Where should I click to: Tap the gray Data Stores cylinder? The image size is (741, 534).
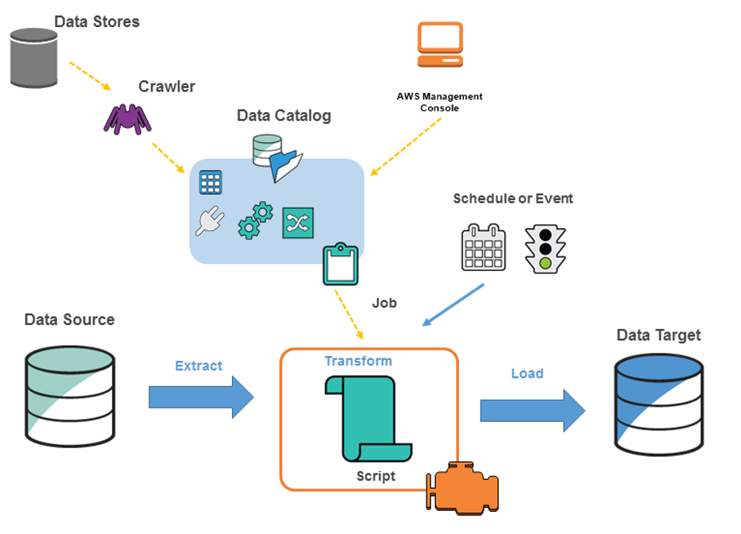(x=34, y=57)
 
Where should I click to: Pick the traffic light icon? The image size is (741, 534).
(x=545, y=249)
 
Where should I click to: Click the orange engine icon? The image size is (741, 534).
(x=462, y=486)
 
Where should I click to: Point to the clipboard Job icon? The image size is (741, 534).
(x=340, y=265)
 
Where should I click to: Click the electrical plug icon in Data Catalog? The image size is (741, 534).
(x=210, y=222)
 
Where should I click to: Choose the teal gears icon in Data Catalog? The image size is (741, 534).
(x=255, y=220)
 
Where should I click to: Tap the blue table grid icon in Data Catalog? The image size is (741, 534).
(x=210, y=183)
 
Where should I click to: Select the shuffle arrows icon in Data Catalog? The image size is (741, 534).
(x=298, y=222)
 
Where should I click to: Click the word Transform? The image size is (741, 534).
(x=357, y=361)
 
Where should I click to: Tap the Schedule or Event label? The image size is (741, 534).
(x=512, y=199)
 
